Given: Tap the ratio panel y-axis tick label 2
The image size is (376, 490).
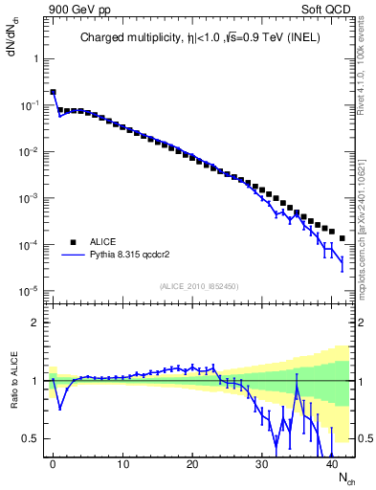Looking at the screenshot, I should click(35, 323).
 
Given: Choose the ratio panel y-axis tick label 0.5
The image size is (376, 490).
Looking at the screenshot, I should click(32, 438).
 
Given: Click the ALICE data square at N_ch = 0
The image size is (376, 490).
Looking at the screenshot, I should click(53, 93).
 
